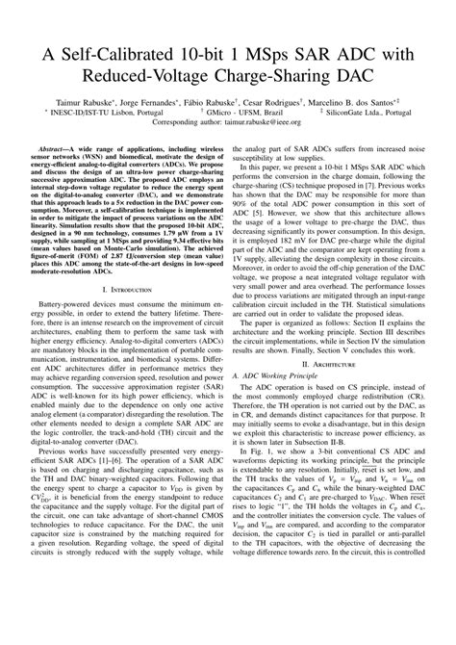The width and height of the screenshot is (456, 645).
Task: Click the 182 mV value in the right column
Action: point(322,244)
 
